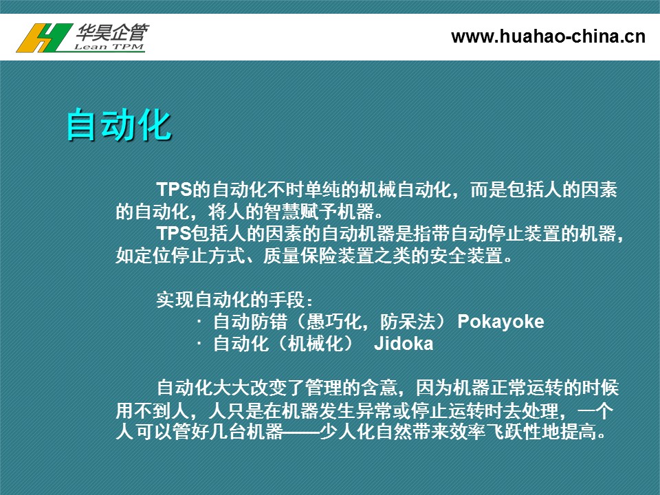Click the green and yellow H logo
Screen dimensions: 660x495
click(44, 38)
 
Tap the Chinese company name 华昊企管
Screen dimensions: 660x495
click(113, 32)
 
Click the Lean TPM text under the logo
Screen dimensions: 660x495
click(109, 47)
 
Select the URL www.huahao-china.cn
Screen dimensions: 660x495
click(548, 36)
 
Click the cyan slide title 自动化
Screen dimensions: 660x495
click(119, 124)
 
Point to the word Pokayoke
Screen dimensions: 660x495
click(500, 322)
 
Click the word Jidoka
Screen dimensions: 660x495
click(404, 344)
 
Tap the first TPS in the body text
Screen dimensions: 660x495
click(174, 190)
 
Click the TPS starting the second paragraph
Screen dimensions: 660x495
click(174, 233)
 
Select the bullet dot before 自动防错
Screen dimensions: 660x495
click(199, 322)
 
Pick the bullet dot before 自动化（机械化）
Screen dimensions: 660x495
click(199, 344)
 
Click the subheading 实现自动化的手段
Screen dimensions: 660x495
click(230, 299)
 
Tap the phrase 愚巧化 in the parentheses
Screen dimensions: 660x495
click(333, 322)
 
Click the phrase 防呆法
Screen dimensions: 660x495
click(408, 322)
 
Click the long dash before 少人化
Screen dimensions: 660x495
click(301, 432)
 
